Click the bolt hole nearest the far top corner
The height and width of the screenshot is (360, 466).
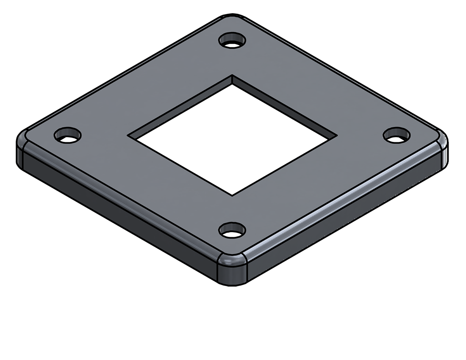tap(232, 41)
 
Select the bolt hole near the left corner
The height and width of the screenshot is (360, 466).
tap(68, 135)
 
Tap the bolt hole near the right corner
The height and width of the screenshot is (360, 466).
tap(397, 135)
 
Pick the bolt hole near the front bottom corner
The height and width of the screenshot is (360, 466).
tap(232, 230)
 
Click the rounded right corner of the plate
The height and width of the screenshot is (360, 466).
tap(443, 146)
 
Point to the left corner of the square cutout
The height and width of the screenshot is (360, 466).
tap(129, 136)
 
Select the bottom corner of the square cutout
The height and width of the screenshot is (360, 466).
tap(232, 195)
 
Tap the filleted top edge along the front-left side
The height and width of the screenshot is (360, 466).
tap(119, 199)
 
